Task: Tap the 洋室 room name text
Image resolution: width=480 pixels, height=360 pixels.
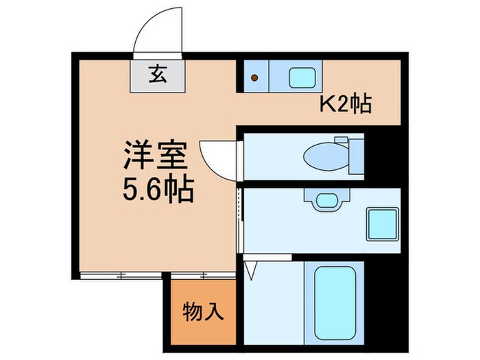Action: (156, 157)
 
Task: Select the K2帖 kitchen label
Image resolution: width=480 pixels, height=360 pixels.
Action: (346, 104)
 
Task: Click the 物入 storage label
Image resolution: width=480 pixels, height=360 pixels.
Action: (203, 311)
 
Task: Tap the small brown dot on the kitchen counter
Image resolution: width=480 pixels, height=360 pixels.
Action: (255, 77)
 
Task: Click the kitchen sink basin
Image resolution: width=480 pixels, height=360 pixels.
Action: (302, 77)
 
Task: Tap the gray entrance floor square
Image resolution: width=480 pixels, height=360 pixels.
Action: (158, 75)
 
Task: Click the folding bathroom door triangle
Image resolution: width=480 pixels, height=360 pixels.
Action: (250, 269)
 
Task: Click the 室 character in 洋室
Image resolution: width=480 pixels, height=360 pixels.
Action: (171, 157)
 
